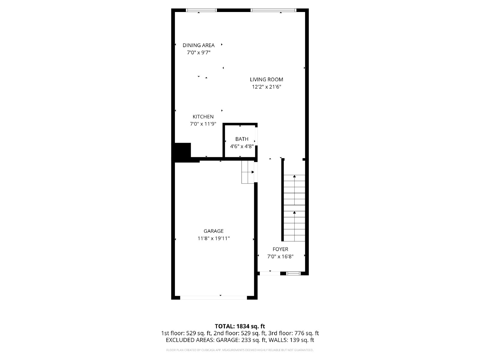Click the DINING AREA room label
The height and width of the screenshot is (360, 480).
click(x=199, y=45)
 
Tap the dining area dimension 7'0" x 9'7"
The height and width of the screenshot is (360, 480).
click(x=199, y=53)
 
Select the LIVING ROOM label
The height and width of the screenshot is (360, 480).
click(x=266, y=79)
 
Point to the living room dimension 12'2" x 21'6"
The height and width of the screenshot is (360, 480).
click(x=266, y=87)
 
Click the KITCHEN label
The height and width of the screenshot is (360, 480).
click(x=203, y=117)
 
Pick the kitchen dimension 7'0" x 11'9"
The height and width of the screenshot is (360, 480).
click(x=203, y=124)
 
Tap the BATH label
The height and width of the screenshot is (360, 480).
click(x=242, y=139)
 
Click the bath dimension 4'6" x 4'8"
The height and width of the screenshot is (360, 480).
click(x=242, y=146)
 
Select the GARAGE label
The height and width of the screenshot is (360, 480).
click(x=213, y=231)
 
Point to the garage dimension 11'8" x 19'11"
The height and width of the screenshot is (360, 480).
click(x=213, y=238)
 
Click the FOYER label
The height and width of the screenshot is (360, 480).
click(x=280, y=249)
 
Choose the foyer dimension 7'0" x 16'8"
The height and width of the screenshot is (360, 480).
click(x=280, y=256)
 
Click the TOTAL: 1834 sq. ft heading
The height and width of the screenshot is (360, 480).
click(x=240, y=326)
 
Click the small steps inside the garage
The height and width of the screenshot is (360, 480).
click(x=248, y=172)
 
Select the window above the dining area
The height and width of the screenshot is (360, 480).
click(x=201, y=10)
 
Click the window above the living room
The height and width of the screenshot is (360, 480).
click(x=273, y=10)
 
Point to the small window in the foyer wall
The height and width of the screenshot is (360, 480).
click(x=293, y=273)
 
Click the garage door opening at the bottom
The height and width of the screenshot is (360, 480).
click(x=213, y=298)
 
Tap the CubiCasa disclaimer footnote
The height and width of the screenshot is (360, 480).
click(x=240, y=350)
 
